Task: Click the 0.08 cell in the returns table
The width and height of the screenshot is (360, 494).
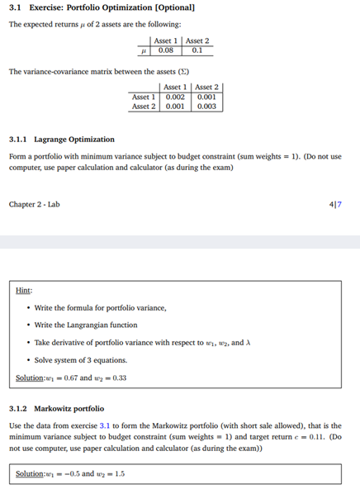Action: pyautogui.click(x=165, y=49)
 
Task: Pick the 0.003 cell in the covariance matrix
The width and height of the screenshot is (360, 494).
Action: pyautogui.click(x=206, y=106)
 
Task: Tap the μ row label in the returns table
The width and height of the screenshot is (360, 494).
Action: pyautogui.click(x=145, y=49)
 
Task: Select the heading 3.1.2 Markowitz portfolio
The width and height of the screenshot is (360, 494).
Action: pyautogui.click(x=56, y=408)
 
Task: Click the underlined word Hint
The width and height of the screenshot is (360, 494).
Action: pyautogui.click(x=25, y=290)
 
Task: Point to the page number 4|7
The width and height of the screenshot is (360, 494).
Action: pyautogui.click(x=346, y=202)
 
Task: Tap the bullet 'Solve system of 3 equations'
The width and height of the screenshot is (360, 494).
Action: pyautogui.click(x=81, y=359)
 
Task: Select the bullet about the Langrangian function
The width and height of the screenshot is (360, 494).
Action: pyautogui.click(x=86, y=325)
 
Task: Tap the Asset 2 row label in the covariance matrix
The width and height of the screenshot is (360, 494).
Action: pyautogui.click(x=143, y=106)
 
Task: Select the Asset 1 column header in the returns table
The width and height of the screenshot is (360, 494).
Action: pyautogui.click(x=165, y=40)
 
